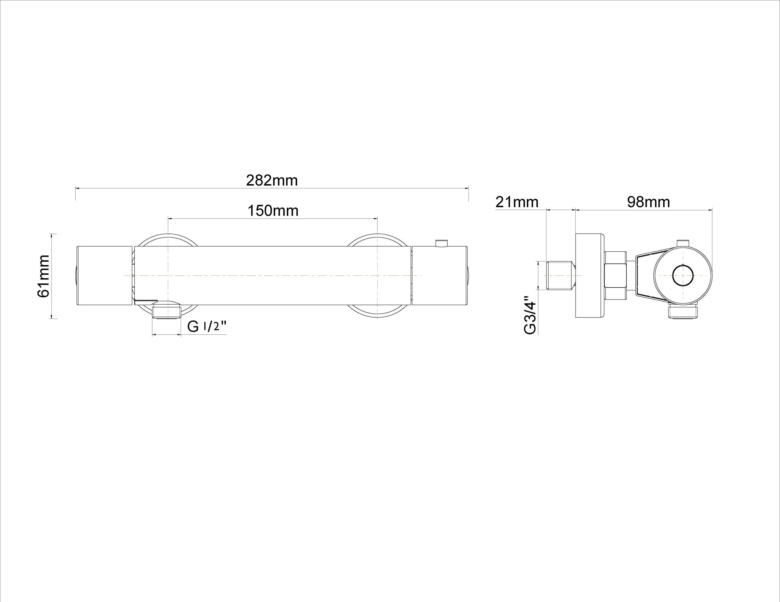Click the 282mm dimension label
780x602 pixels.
click(272, 181)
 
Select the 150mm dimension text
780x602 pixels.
click(273, 211)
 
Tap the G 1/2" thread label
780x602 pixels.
click(207, 327)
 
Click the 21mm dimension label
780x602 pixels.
click(517, 202)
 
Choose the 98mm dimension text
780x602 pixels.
click(649, 202)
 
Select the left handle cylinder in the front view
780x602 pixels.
click(105, 275)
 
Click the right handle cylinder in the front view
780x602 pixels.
click(440, 275)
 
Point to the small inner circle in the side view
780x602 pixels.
click(682, 276)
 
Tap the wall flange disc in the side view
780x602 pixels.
click(590, 275)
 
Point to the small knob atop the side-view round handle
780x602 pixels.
click(682, 243)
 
